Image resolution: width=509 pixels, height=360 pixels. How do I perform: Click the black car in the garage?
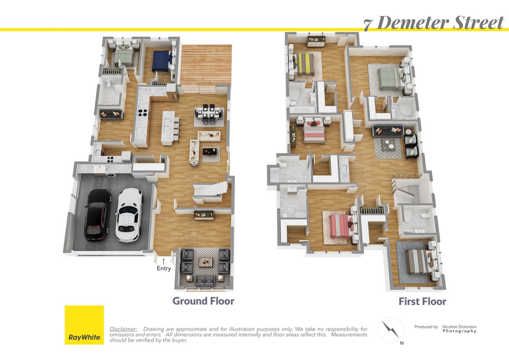pyautogui.click(x=97, y=215)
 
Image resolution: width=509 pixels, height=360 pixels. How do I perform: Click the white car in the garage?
pyautogui.click(x=129, y=215)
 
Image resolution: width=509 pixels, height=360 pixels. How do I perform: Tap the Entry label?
pyautogui.click(x=164, y=268)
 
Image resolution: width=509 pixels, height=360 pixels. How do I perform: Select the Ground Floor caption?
pyautogui.click(x=203, y=301)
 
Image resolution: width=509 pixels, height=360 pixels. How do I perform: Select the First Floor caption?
pyautogui.click(x=422, y=302)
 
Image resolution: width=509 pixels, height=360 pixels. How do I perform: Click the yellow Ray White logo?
pyautogui.click(x=84, y=325)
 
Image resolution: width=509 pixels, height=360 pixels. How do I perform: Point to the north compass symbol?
pyautogui.click(x=391, y=329)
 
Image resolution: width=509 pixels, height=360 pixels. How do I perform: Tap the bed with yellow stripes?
pyautogui.click(x=303, y=64)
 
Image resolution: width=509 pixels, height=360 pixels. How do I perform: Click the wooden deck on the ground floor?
pyautogui.click(x=206, y=65)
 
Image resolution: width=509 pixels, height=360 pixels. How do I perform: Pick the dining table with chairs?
pyautogui.click(x=209, y=114)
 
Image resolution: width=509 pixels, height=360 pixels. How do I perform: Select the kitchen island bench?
pyautogui.click(x=168, y=128)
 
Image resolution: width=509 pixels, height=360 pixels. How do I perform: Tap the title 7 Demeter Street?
pyautogui.click(x=434, y=23)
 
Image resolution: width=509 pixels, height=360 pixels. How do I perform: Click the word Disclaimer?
pyautogui.click(x=123, y=329)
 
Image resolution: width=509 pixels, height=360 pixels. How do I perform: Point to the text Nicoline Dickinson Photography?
pyautogui.click(x=459, y=329)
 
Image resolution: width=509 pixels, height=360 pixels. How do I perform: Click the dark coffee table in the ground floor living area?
pyautogui.click(x=210, y=151)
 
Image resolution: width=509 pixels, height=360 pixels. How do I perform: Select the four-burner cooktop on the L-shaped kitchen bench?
pyautogui.click(x=143, y=113)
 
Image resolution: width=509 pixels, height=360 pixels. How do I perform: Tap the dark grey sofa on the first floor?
pyautogui.click(x=388, y=131)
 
